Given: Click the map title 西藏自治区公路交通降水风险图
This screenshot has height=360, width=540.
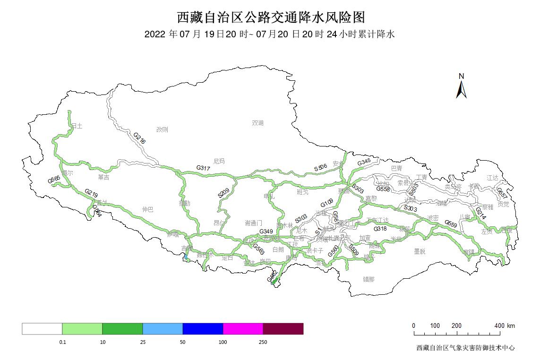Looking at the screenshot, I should [x=271, y=17].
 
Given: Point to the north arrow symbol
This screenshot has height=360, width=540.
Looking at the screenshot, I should [x=462, y=87].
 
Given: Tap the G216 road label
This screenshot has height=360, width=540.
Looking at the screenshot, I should [x=140, y=138].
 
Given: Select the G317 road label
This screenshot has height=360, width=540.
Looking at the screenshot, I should [x=203, y=168].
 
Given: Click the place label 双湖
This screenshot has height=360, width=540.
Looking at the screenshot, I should [x=257, y=123].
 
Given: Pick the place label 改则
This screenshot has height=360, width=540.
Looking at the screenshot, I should [x=162, y=129].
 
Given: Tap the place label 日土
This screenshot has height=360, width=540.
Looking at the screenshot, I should [x=77, y=126].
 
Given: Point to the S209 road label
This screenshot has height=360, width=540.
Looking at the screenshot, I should [x=223, y=192].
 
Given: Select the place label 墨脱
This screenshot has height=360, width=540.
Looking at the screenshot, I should [x=420, y=251].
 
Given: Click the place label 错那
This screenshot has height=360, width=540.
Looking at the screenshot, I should [x=369, y=279].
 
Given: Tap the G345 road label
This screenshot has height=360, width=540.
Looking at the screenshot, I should [x=364, y=163].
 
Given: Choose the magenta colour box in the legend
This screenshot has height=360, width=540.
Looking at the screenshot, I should [x=243, y=329].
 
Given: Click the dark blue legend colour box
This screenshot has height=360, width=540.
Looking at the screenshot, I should [x=203, y=329].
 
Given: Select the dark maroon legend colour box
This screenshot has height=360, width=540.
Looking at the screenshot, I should [x=283, y=329].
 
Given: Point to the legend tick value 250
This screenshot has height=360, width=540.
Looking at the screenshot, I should [x=263, y=342].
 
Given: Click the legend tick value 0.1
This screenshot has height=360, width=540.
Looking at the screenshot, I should [x=62, y=342].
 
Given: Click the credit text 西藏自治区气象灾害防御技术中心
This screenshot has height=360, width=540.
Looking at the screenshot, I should [x=465, y=348].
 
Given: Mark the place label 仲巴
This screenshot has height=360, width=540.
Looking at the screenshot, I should [x=148, y=209].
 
